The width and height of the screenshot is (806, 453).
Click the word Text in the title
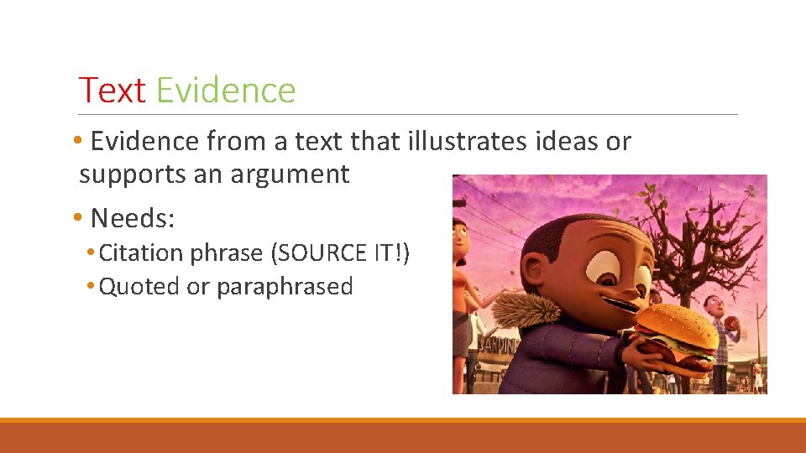tap(112, 91)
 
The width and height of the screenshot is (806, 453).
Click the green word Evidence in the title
tap(226, 91)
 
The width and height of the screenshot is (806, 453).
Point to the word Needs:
tap(132, 218)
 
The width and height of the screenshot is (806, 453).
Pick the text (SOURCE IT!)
tap(344, 253)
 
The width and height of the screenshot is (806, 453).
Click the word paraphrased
tap(285, 286)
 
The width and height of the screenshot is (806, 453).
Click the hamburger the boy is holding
tap(676, 336)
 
